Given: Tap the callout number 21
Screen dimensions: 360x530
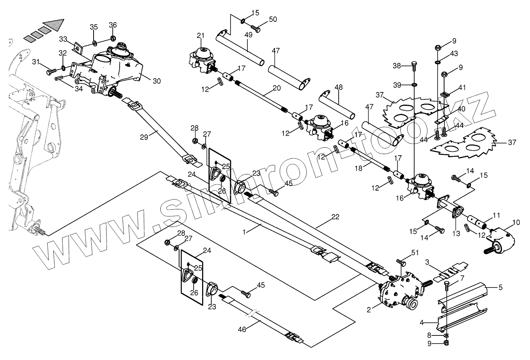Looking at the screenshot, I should [x=200, y=36].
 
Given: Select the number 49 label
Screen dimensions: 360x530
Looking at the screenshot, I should [x=249, y=35].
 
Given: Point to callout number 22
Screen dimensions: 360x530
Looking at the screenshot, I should [x=335, y=217].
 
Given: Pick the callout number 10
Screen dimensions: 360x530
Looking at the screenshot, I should [x=516, y=222].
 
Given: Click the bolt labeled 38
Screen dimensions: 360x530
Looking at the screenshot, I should [x=413, y=66].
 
